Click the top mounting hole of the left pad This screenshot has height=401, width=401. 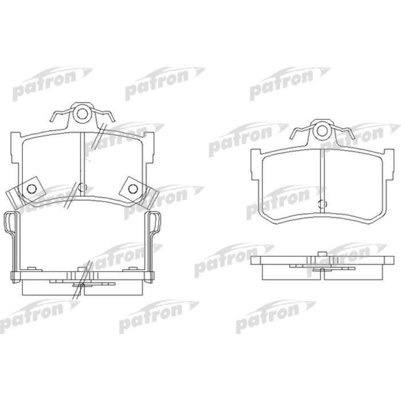[82, 114]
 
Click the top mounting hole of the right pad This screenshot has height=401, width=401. [322, 131]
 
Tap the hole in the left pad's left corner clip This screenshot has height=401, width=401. [32, 189]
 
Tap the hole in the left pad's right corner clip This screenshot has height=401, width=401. [133, 189]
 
